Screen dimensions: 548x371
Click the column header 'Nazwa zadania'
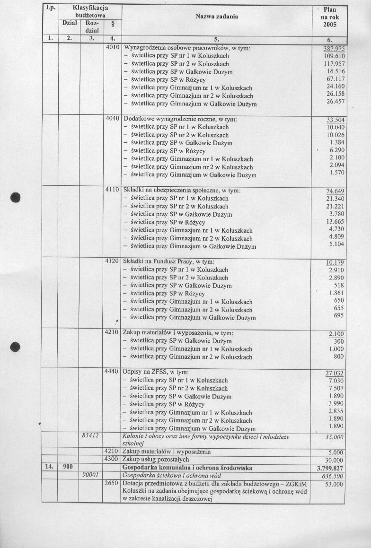pos(217,17)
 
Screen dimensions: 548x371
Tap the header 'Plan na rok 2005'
pos(329,17)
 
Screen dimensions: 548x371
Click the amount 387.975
pos(334,49)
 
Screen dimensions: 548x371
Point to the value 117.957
pos(334,64)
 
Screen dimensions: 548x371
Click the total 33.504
pos(335,120)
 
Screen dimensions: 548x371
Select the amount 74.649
pos(335,191)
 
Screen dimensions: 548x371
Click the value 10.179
pos(335,262)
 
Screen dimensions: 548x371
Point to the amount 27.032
pos(335,373)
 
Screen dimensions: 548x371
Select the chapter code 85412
pos(90,435)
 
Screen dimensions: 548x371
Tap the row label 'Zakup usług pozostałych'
pos(156,460)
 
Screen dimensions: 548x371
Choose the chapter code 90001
pos(90,476)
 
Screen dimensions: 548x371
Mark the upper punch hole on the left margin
pos(16,197)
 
